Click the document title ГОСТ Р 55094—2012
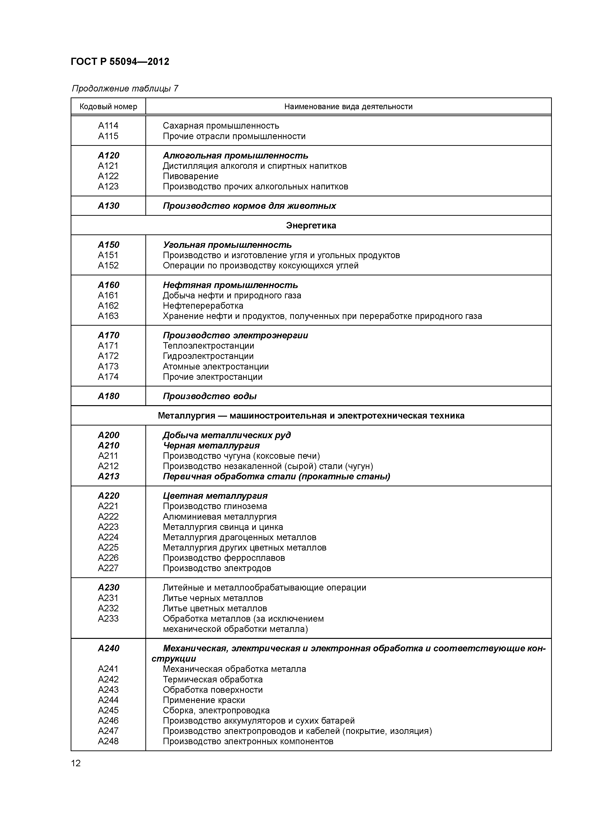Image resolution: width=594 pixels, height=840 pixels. [x=120, y=62]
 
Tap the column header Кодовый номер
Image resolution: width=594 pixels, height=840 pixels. [x=108, y=107]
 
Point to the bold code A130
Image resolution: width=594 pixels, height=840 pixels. [x=108, y=206]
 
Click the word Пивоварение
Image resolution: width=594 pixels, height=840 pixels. [x=190, y=176]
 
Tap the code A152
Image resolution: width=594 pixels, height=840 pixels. [x=108, y=265]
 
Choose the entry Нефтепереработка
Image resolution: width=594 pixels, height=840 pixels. [x=203, y=306]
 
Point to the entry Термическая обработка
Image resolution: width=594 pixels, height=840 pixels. [x=213, y=679]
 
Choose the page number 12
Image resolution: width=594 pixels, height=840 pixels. [x=76, y=763]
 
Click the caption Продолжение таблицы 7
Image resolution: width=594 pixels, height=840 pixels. [x=125, y=89]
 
